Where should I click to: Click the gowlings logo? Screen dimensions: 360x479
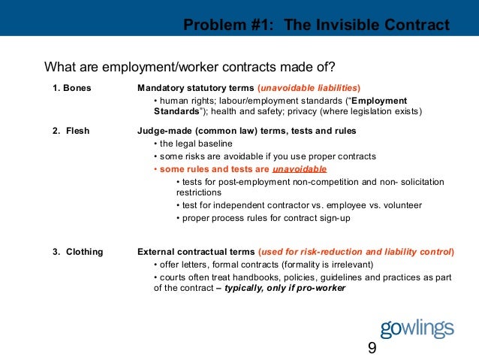417,328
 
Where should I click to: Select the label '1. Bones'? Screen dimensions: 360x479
71,88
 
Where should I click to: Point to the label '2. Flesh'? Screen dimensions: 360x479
71,131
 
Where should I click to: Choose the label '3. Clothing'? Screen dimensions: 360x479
77,251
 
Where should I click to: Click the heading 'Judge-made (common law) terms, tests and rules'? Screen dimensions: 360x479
246,131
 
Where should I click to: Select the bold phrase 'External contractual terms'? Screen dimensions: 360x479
196,251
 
